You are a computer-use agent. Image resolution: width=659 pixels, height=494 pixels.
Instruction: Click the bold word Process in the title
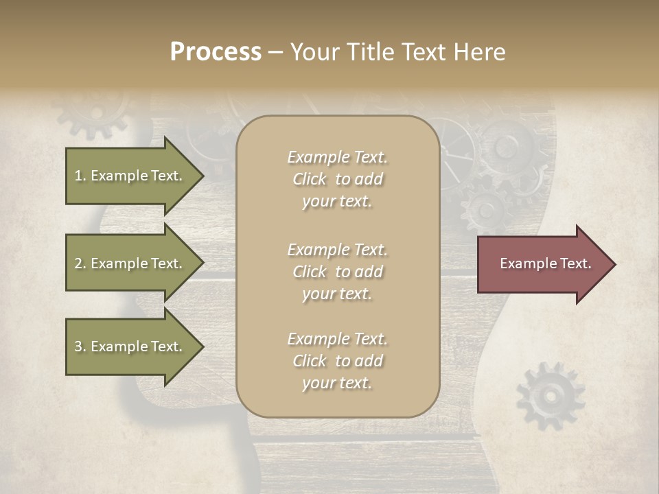click(216, 52)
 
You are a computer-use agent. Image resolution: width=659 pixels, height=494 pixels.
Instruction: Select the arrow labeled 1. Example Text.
click(130, 176)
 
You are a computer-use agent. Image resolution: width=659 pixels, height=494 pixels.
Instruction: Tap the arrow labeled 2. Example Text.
click(130, 263)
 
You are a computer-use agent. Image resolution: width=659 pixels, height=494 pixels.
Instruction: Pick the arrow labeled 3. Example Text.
click(130, 346)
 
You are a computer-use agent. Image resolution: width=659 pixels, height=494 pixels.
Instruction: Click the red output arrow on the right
click(542, 263)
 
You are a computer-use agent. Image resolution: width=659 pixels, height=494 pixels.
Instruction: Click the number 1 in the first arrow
click(78, 176)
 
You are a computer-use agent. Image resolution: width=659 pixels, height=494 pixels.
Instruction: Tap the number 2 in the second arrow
click(78, 263)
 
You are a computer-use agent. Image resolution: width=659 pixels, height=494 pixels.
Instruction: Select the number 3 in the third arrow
click(78, 346)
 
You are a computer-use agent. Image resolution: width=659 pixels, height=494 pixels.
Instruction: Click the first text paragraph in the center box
click(337, 179)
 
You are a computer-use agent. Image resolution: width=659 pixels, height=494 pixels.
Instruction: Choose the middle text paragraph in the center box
click(337, 272)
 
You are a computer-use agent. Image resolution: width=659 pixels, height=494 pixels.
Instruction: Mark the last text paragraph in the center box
click(337, 361)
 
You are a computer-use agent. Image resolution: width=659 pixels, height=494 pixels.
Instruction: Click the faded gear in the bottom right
click(550, 396)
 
